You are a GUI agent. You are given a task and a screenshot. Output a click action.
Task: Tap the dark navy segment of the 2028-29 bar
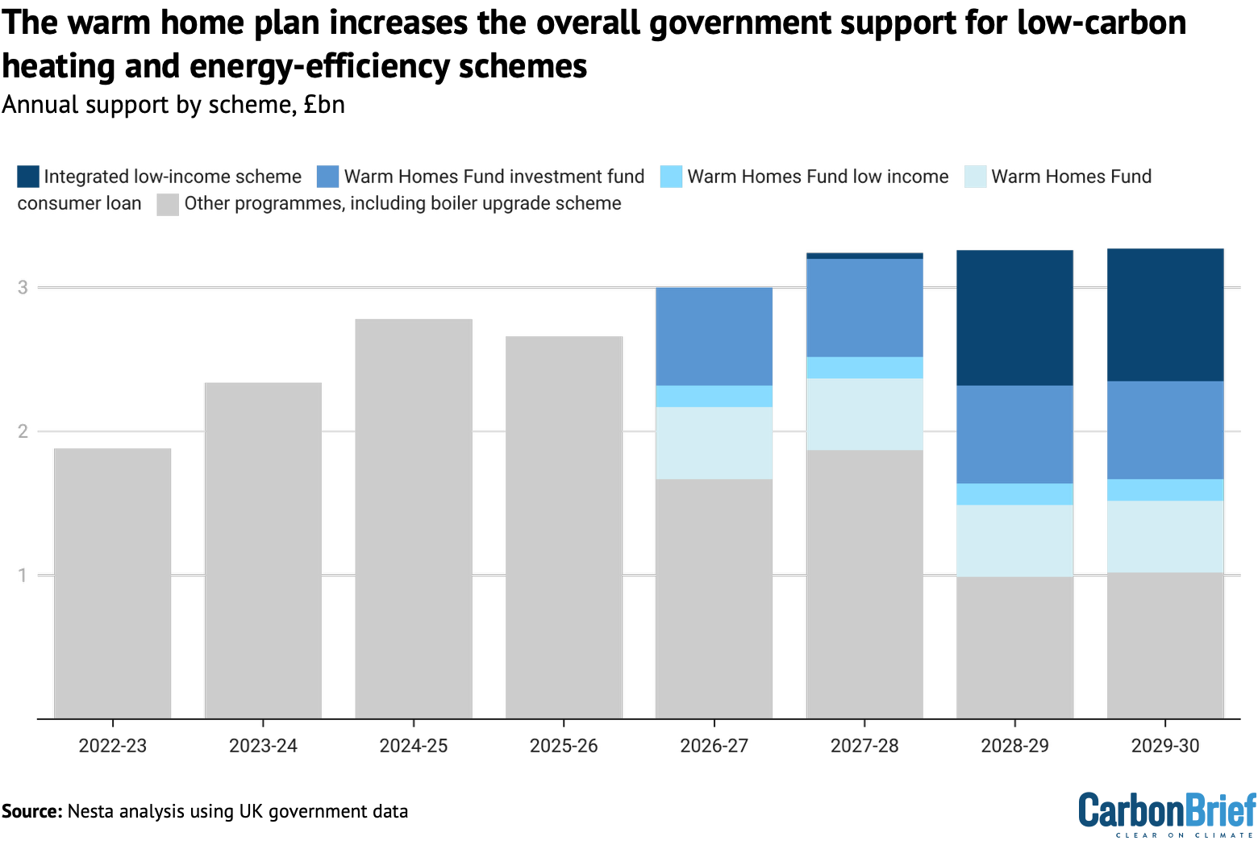pos(1014,318)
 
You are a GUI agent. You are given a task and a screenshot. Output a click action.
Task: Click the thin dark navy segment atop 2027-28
pos(864,256)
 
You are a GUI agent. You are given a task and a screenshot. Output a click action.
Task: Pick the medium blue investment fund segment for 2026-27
pos(714,336)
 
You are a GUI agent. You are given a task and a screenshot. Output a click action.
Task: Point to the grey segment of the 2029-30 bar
pos(1165,645)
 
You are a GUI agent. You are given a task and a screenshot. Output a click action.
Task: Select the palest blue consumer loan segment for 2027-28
pos(864,414)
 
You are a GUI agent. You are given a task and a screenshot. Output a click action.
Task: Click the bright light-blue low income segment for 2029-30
pos(1165,489)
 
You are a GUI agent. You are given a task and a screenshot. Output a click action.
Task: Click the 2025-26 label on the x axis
pos(564,746)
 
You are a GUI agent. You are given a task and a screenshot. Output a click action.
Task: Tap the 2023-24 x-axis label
pos(263,746)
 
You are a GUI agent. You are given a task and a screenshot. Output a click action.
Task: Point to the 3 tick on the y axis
pos(23,287)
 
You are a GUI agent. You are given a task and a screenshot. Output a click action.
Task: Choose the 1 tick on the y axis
pos(23,575)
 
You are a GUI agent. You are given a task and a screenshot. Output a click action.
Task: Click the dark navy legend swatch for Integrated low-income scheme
pos(28,177)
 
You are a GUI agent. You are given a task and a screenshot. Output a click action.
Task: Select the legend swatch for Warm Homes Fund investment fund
pos(328,177)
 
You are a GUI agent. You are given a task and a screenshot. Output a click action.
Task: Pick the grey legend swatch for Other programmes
pos(168,204)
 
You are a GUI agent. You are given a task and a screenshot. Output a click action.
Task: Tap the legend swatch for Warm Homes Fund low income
pos(671,177)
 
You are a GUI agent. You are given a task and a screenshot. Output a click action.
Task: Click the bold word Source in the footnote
pos(31,811)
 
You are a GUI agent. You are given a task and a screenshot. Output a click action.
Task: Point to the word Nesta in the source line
pos(90,811)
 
